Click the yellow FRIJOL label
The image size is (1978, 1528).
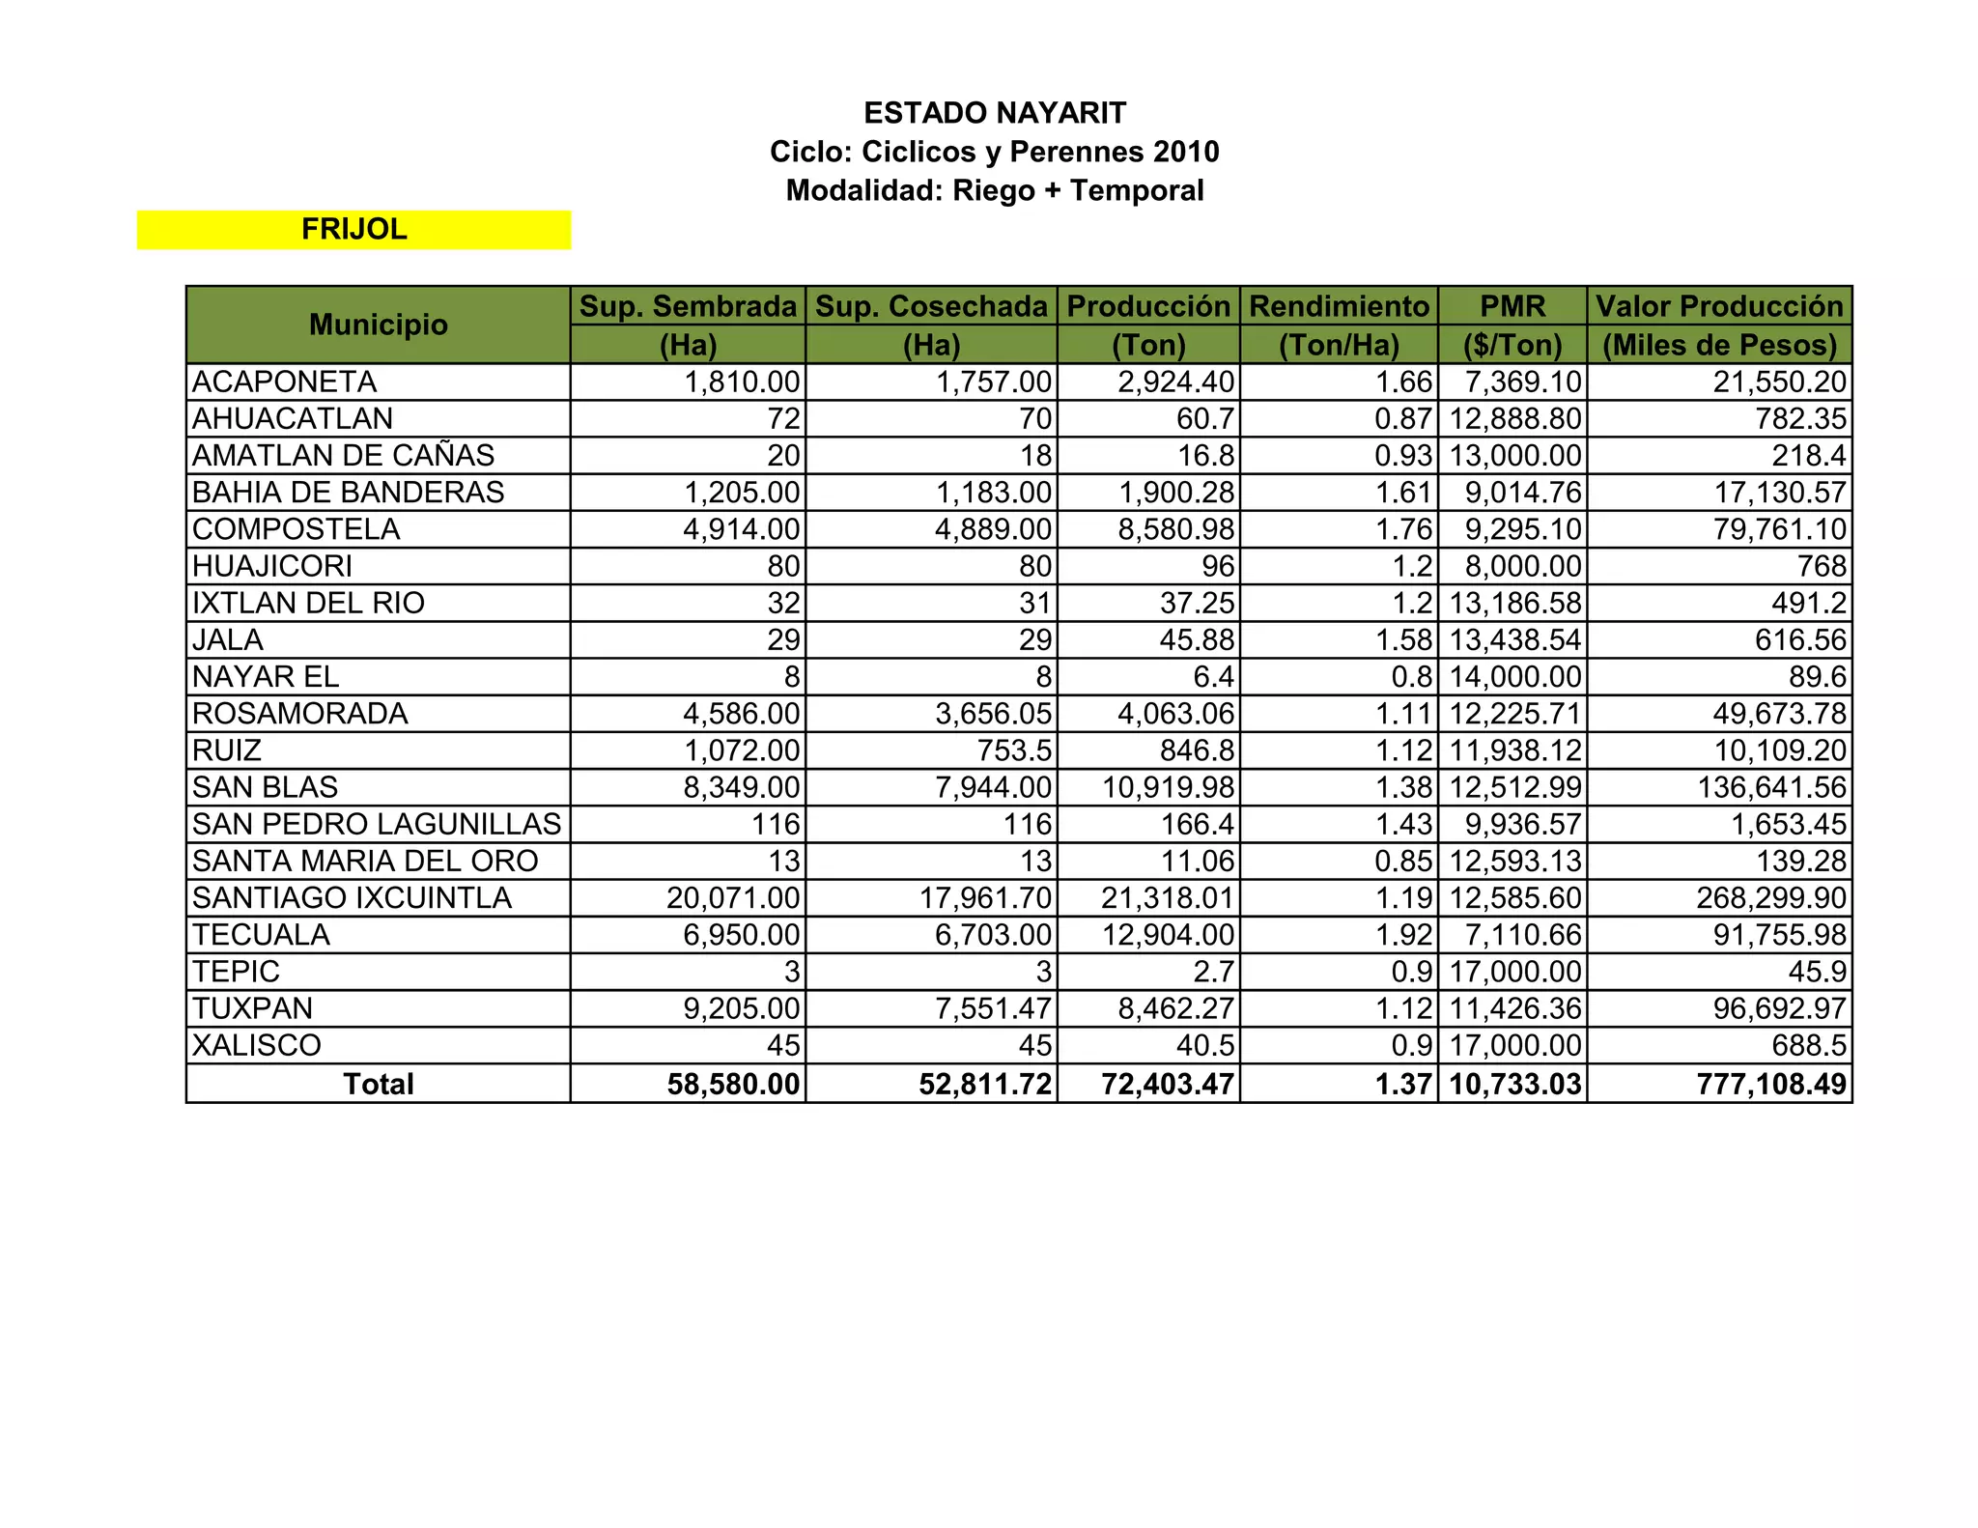coord(353,229)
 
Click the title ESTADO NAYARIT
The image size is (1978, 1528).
coord(995,113)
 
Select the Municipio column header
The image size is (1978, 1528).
coord(378,325)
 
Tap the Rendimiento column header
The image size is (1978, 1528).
coord(1339,306)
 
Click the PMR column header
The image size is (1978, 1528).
coord(1512,306)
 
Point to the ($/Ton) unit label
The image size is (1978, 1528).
coord(1512,345)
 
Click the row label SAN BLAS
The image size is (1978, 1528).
coord(266,787)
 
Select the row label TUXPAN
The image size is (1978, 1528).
coord(253,1008)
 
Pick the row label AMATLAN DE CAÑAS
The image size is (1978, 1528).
coord(343,455)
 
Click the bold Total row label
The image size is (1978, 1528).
coord(378,1084)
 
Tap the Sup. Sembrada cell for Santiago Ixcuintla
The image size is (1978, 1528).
coord(733,898)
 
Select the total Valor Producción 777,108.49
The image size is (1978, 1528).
coord(1771,1084)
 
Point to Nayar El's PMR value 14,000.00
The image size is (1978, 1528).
coord(1515,677)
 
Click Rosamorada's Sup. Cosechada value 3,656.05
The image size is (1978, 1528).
coord(993,714)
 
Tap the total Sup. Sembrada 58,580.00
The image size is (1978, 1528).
coord(733,1084)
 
